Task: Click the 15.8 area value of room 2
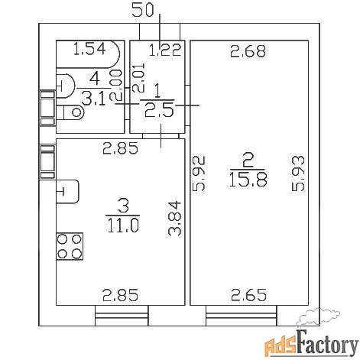[x=248, y=180]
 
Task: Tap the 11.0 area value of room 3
[x=123, y=225]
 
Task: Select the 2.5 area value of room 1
[x=159, y=110]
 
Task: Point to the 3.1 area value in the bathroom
[x=93, y=99]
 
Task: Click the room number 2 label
[x=248, y=161]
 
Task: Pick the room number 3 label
[x=124, y=206]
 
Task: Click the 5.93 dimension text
[x=298, y=174]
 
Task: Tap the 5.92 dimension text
[x=199, y=174]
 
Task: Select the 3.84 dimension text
[x=175, y=219]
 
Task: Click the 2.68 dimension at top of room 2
[x=248, y=51]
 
